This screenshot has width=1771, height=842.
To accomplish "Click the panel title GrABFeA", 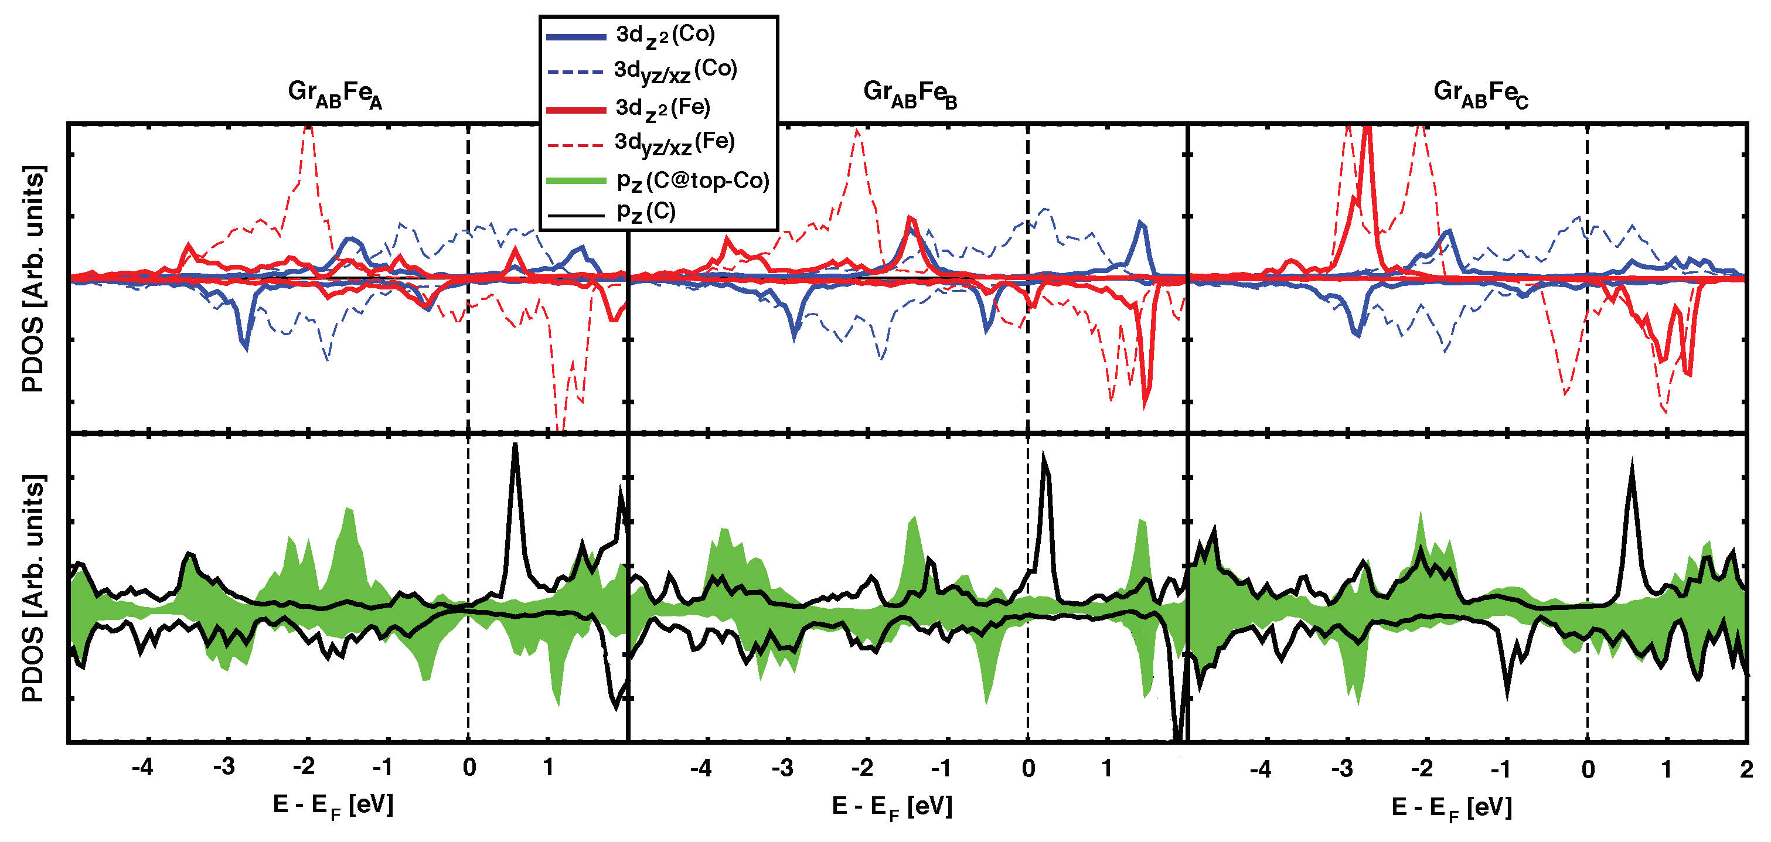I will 334,94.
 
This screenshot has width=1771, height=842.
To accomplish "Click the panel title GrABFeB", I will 909,94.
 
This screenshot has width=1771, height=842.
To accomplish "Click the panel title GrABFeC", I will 1480,94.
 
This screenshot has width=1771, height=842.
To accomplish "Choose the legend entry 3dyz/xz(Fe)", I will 674,143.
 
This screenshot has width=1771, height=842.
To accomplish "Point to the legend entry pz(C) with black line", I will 646,212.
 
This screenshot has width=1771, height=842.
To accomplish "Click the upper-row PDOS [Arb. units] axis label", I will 33,278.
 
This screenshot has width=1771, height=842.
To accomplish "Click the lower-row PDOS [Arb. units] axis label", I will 33,588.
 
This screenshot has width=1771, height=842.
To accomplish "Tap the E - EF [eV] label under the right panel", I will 1451,807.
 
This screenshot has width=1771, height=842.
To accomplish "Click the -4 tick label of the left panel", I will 142,767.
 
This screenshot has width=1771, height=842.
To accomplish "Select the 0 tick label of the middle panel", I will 1028,768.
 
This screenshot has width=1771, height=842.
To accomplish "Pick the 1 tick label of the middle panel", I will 1107,768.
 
